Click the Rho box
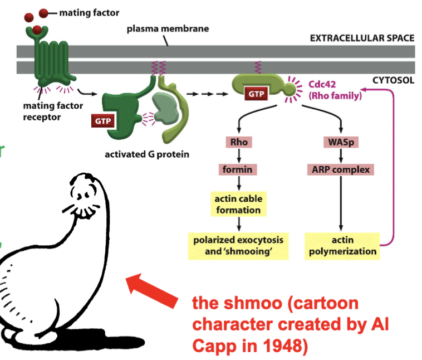click(238, 142)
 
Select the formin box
click(238, 169)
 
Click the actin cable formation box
click(238, 205)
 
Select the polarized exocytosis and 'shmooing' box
click(238, 246)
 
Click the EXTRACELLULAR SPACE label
click(362, 38)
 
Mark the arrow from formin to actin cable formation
click(238, 183)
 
